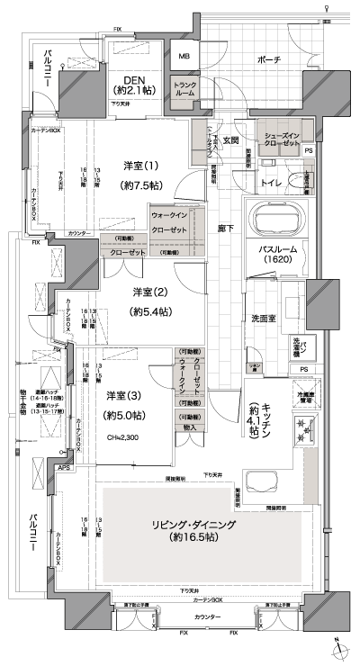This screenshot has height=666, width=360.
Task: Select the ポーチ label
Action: (x=267, y=59)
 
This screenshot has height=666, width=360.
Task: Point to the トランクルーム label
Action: (x=184, y=88)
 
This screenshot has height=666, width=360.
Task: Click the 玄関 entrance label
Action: (x=230, y=139)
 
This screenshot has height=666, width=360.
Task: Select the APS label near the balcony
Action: (x=63, y=468)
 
